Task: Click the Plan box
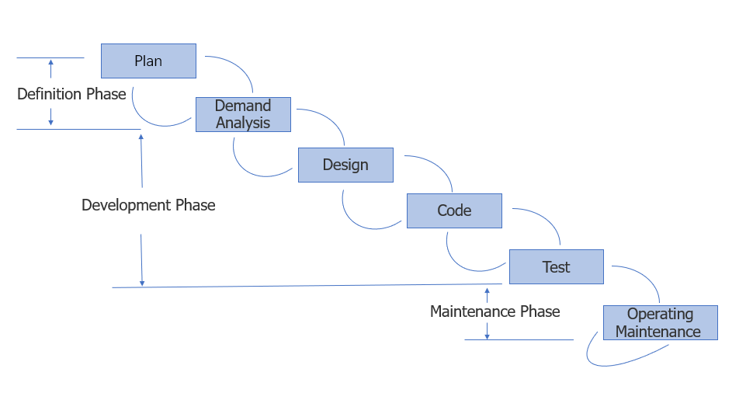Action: click(148, 61)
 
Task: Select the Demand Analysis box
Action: click(243, 114)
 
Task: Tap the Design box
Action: click(345, 165)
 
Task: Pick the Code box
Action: click(454, 210)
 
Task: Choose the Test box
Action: click(556, 266)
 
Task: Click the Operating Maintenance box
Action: click(660, 322)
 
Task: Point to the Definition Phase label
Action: click(71, 94)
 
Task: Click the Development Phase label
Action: click(148, 205)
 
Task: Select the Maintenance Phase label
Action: click(494, 311)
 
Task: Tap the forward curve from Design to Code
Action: click(439, 169)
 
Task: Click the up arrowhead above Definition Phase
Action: click(50, 62)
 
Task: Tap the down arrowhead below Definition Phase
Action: click(50, 122)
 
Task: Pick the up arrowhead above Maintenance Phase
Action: click(487, 292)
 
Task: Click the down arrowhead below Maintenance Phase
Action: click(487, 336)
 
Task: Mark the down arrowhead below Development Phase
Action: click(142, 283)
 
